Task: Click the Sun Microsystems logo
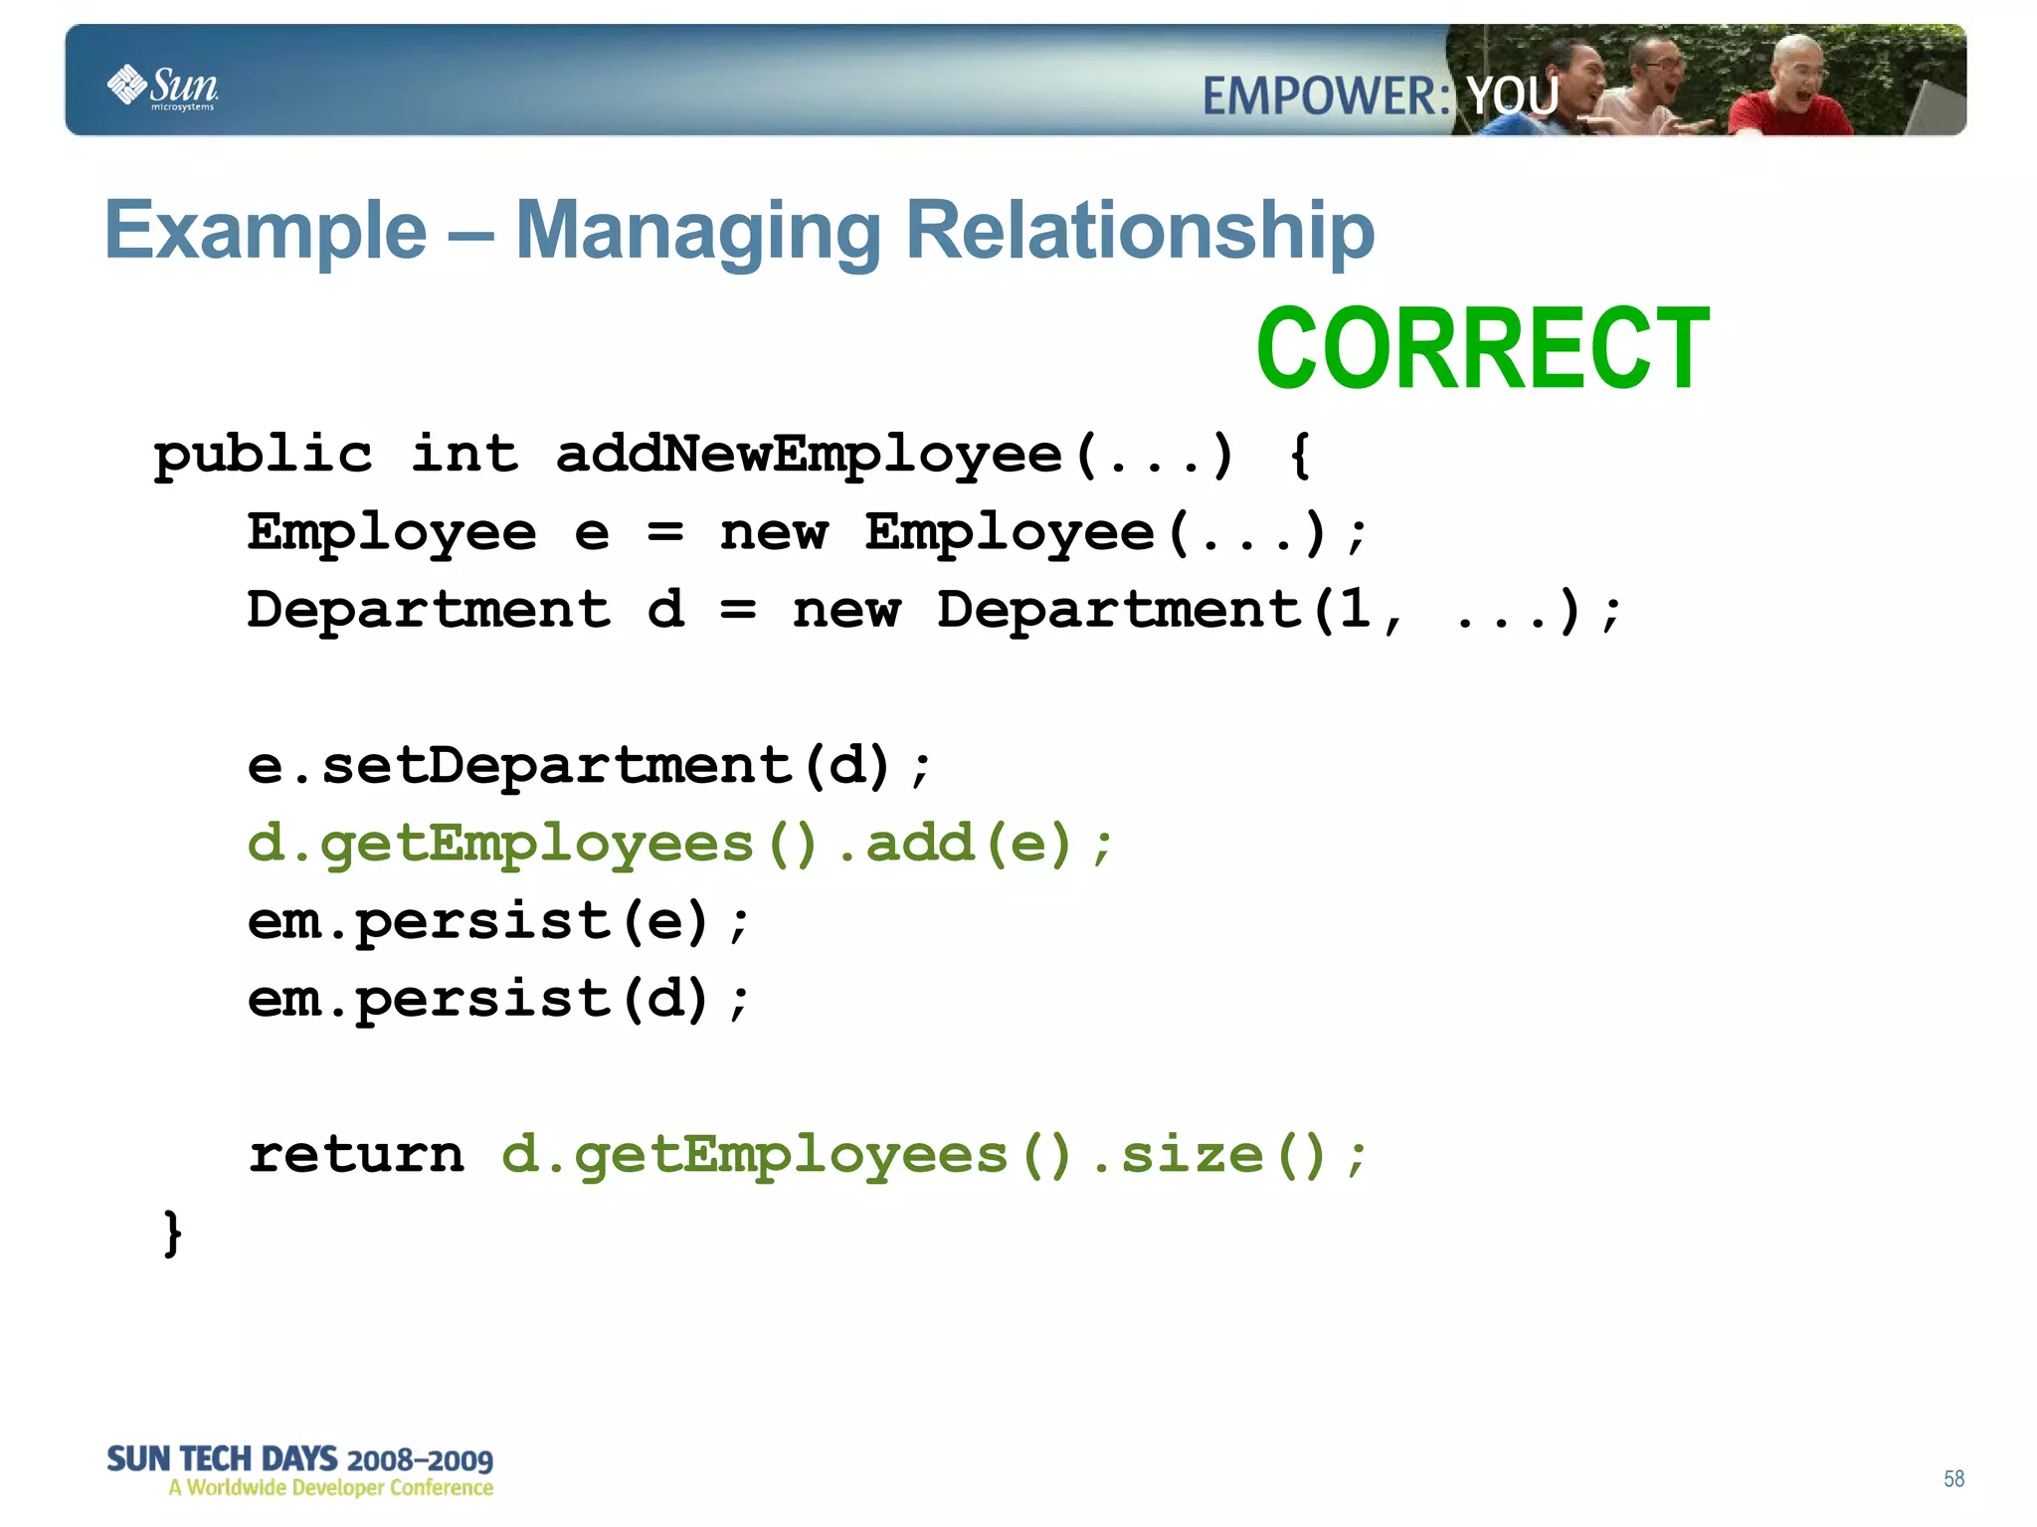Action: (x=162, y=88)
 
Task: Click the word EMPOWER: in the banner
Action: (x=1326, y=96)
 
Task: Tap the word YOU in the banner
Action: (x=1513, y=96)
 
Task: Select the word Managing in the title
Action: (x=697, y=232)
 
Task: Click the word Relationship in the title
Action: (x=1140, y=232)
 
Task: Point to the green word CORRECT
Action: (x=1481, y=349)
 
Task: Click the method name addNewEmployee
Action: (x=809, y=455)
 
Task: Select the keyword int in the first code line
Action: (x=464, y=455)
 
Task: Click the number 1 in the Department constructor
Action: (x=1354, y=609)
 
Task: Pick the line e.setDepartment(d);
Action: (x=589, y=766)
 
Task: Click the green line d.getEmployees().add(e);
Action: (x=680, y=844)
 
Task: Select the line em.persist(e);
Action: (x=497, y=921)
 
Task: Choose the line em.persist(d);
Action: (x=497, y=999)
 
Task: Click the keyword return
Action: (x=356, y=1155)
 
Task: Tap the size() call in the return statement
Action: (x=1222, y=1155)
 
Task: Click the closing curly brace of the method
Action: (x=172, y=1234)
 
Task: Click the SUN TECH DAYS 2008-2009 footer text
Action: (x=299, y=1460)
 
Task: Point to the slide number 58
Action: (x=1953, y=1479)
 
